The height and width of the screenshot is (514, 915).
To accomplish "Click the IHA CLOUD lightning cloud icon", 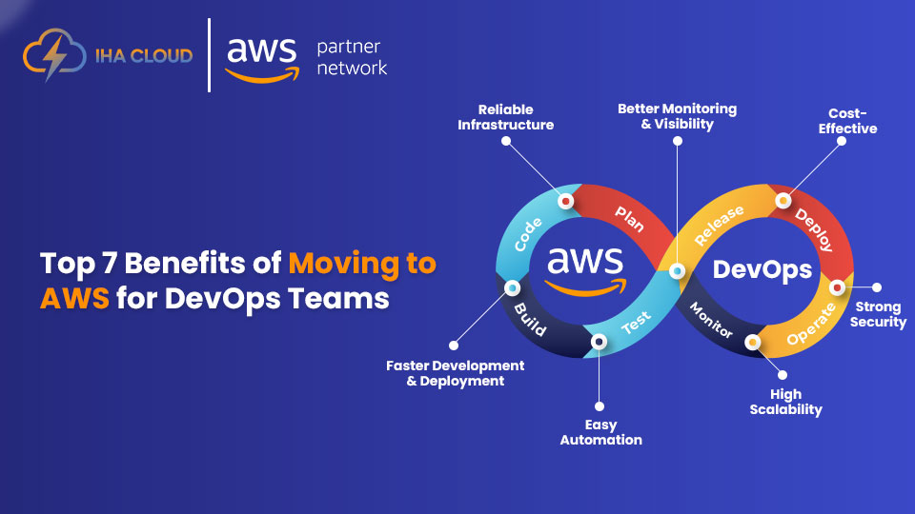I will click(48, 55).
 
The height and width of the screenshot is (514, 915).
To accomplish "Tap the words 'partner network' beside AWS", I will click(352, 57).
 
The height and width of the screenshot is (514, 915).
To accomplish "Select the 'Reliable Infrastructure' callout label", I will click(505, 117).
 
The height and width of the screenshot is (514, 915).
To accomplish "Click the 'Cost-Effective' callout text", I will click(846, 120).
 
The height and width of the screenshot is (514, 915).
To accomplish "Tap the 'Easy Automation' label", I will click(600, 432).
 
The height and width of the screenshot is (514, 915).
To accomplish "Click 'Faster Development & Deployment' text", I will click(455, 373).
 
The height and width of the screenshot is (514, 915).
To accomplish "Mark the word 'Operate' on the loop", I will click(811, 324).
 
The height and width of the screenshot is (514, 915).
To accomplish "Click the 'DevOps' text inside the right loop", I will click(762, 270).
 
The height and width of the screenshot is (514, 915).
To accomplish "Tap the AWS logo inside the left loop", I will click(584, 267).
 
